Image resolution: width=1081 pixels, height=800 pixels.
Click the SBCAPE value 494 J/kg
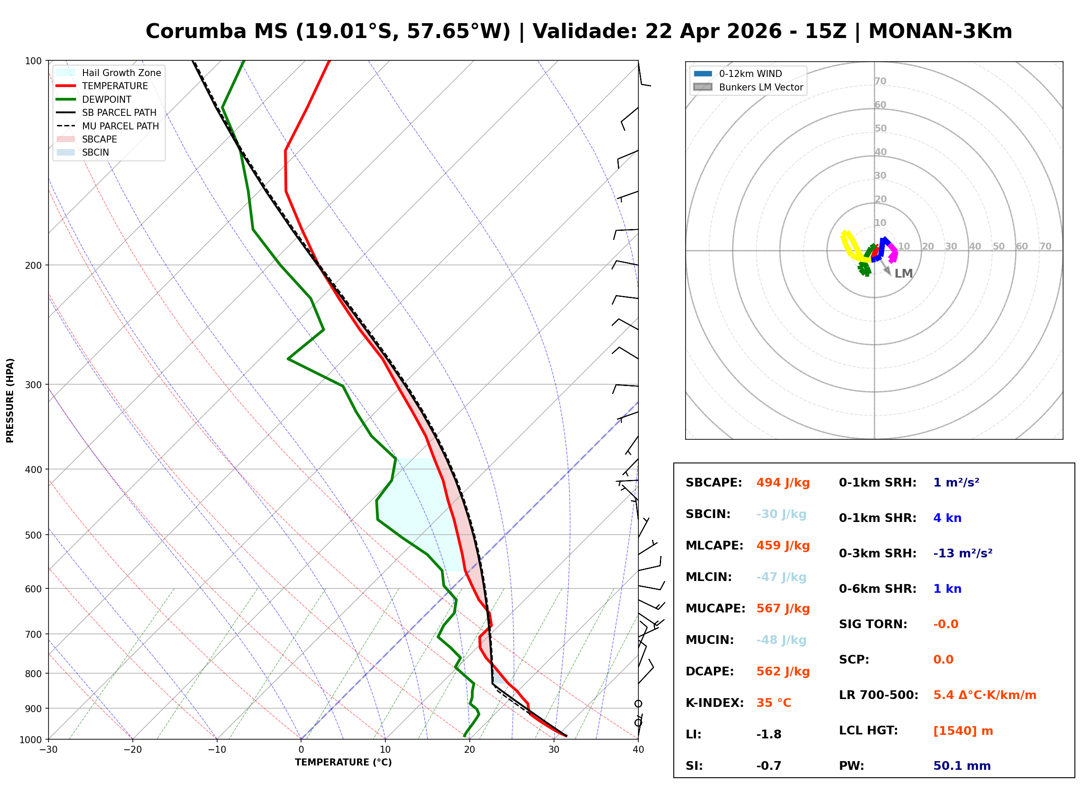coord(783,483)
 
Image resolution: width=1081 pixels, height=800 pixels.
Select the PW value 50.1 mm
coord(961,766)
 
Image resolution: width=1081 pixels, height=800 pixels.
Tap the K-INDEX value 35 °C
coord(773,703)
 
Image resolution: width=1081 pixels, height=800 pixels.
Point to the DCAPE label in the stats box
coord(709,671)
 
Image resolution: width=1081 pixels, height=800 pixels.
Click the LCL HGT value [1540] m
coord(963,731)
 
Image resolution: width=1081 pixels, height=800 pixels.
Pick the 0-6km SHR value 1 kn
coord(947,589)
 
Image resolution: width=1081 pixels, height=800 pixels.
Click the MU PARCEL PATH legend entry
coord(120,126)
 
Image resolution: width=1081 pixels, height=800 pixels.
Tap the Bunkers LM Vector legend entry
coord(760,87)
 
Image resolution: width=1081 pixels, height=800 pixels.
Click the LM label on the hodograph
coord(903,274)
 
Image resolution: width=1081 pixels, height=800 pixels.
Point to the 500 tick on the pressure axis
coord(34,535)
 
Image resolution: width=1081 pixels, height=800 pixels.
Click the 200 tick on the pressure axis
coord(34,265)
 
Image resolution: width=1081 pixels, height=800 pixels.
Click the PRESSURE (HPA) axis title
coord(10,400)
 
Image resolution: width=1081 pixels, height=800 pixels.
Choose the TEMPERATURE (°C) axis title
coord(343,763)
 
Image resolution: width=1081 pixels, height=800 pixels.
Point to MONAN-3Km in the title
coord(940,31)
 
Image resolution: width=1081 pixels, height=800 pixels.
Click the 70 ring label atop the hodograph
coord(880,81)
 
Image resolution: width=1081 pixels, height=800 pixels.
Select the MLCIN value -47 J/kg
coord(780,577)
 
